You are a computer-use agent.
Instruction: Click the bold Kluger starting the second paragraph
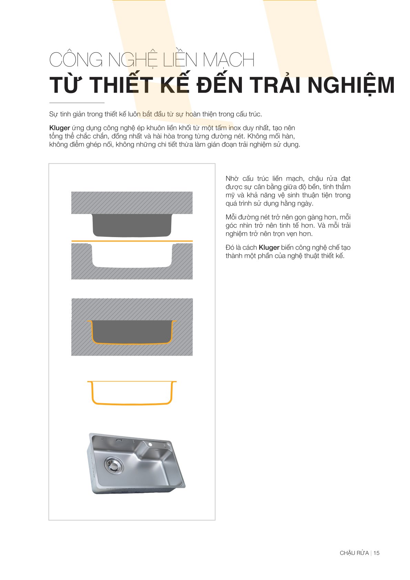coord(60,128)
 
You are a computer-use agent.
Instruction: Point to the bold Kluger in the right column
coord(269,247)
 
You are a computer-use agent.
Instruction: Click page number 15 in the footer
coord(376,553)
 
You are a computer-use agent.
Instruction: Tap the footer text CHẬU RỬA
coord(354,553)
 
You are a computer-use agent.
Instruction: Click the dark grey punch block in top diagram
coord(132,225)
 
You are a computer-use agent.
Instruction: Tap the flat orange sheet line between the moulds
coord(132,241)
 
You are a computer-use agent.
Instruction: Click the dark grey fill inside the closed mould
coord(132,332)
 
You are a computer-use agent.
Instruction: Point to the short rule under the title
coord(77,103)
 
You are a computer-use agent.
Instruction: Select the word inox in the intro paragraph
coord(235,128)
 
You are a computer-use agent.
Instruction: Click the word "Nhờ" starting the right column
coord(232,179)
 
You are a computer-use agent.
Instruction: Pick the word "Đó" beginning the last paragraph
coord(230,247)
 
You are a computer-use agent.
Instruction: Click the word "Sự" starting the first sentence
coord(53,114)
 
